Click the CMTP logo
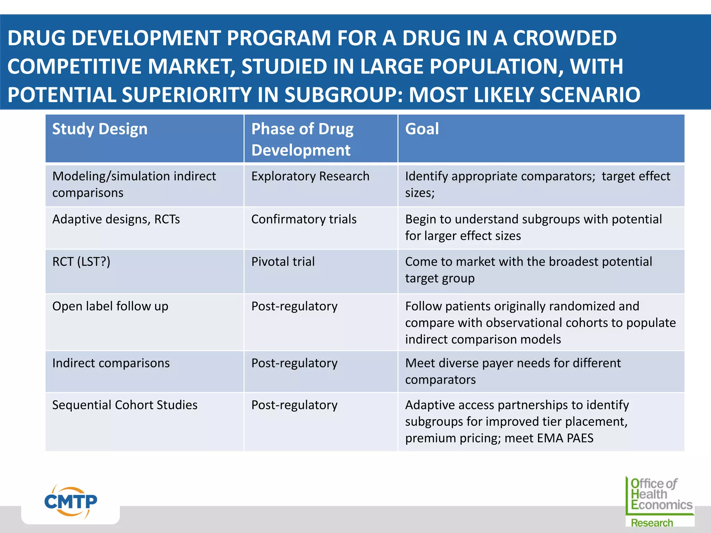[71, 502]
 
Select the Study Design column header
[100, 129]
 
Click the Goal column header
[422, 129]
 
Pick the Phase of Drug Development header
[302, 139]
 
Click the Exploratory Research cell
[310, 176]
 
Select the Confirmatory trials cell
[304, 219]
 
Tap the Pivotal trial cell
[283, 262]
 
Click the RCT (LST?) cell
[81, 262]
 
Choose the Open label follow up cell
[110, 306]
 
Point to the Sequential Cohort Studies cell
[125, 405]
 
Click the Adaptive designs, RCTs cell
[116, 219]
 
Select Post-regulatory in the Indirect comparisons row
[294, 363]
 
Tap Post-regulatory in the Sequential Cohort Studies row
[294, 405]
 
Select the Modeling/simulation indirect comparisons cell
[134, 184]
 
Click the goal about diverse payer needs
[512, 371]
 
